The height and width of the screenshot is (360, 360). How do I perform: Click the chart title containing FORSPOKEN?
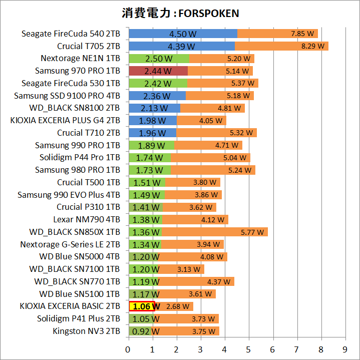[x=180, y=13]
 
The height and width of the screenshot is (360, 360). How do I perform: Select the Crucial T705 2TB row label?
[x=89, y=46]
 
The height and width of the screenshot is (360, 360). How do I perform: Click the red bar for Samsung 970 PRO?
[x=158, y=71]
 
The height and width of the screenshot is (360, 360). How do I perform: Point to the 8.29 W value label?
[x=312, y=46]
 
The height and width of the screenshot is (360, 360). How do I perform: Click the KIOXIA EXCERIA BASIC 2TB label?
[x=70, y=306]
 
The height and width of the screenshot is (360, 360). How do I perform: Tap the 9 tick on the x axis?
[x=345, y=348]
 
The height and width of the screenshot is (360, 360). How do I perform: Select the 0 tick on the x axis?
[x=129, y=348]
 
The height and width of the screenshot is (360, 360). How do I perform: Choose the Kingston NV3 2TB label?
[x=86, y=331]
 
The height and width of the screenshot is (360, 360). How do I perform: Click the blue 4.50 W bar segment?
[x=183, y=34]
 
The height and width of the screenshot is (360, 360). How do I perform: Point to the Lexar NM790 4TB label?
[x=86, y=219]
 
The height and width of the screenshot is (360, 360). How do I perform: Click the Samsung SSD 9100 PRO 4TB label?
[x=67, y=96]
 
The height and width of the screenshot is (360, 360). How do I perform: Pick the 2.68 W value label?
[x=178, y=306]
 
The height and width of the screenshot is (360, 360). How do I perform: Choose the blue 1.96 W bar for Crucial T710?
[x=152, y=133]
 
